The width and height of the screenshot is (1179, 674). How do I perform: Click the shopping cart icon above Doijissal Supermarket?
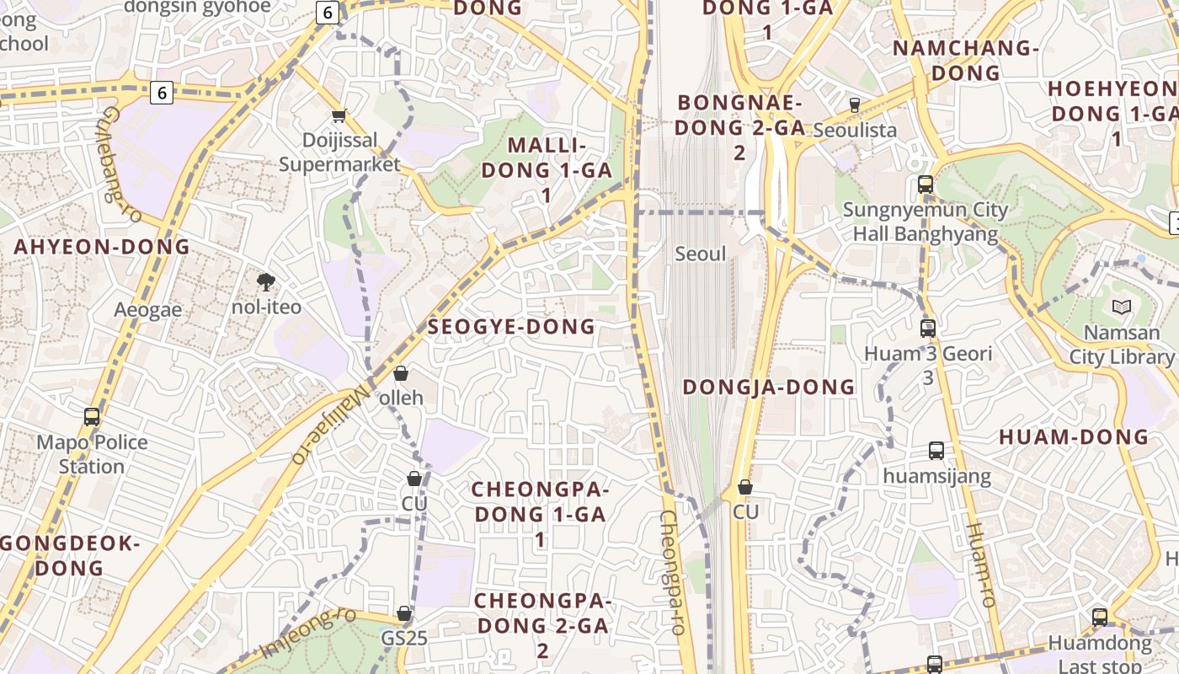[x=339, y=115]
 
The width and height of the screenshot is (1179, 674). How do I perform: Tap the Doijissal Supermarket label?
[x=339, y=152]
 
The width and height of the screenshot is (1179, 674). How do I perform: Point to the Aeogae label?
[x=148, y=310]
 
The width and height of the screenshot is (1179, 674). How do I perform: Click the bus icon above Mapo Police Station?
[x=92, y=416]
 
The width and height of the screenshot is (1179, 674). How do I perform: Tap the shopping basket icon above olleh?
[x=401, y=373]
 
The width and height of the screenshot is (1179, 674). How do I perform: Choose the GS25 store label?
[x=404, y=638]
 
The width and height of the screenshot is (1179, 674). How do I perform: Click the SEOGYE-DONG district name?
[x=511, y=327]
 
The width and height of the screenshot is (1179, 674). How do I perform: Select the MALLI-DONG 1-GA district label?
[x=546, y=170]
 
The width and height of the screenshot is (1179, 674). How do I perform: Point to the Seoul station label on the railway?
[x=700, y=254]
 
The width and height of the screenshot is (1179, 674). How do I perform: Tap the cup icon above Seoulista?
[x=855, y=105]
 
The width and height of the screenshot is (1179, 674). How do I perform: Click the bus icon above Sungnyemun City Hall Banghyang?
[x=926, y=185]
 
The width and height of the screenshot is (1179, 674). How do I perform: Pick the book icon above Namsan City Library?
[x=1121, y=308]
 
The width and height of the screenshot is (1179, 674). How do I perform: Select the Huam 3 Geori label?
[x=928, y=354]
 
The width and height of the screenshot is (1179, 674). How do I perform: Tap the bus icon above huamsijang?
[x=936, y=451]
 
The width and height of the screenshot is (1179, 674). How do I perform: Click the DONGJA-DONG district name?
[x=768, y=388]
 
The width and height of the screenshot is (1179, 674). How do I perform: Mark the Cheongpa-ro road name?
[x=674, y=573]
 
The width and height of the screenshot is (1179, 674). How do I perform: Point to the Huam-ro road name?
[x=981, y=564]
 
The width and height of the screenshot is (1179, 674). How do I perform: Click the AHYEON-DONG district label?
[x=102, y=247]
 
